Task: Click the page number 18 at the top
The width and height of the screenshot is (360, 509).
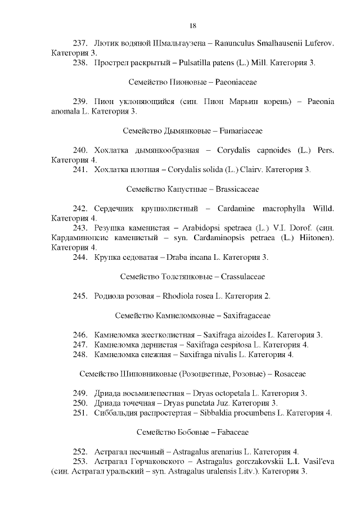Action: [192, 26]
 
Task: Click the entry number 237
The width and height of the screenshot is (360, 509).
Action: [81, 43]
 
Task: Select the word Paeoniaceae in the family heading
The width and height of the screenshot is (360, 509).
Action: [236, 82]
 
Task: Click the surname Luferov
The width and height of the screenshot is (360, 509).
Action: [317, 43]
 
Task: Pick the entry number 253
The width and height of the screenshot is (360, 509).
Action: [81, 461]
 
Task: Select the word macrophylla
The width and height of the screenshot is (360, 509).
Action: [283, 209]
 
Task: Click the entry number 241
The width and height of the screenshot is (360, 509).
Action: [81, 169]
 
